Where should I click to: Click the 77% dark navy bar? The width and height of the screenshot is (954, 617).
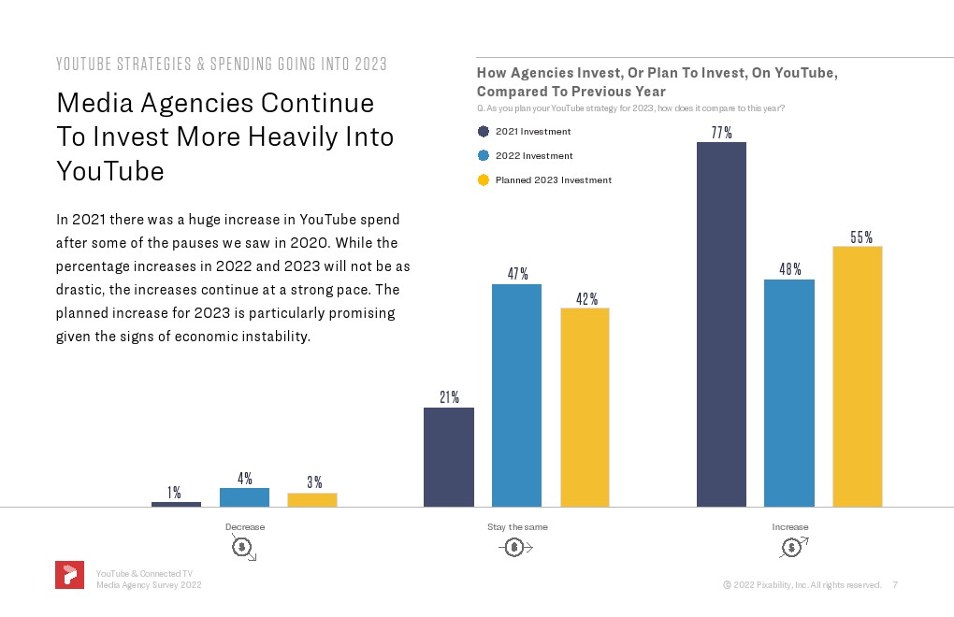coord(721,323)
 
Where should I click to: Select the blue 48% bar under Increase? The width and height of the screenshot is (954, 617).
coord(789,393)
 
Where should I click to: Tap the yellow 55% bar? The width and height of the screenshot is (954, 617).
coord(858,376)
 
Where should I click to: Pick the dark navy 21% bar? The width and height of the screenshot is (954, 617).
coord(449,456)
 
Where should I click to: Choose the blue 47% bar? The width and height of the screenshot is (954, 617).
coord(517,395)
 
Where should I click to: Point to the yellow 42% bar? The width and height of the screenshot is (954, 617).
coord(585,407)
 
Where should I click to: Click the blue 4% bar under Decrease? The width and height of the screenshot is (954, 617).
coord(244,497)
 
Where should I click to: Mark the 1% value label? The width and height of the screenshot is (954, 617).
coord(175,493)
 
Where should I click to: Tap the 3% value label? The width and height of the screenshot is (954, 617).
coord(314,482)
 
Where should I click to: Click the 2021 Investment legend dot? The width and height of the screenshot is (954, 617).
coord(484,132)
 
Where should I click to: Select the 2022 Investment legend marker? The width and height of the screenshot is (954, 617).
coord(484,156)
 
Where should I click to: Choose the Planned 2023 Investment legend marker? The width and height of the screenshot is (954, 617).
coord(484,180)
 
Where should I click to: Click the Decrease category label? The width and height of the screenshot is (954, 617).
coord(245,527)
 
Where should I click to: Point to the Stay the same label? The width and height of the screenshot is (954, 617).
coord(517,527)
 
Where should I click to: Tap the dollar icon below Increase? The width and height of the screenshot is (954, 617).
coord(793,547)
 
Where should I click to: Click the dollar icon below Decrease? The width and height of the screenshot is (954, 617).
coord(242,547)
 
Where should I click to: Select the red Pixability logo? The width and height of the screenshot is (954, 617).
coord(69,576)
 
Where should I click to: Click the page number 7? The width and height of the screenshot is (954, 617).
coord(895,585)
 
